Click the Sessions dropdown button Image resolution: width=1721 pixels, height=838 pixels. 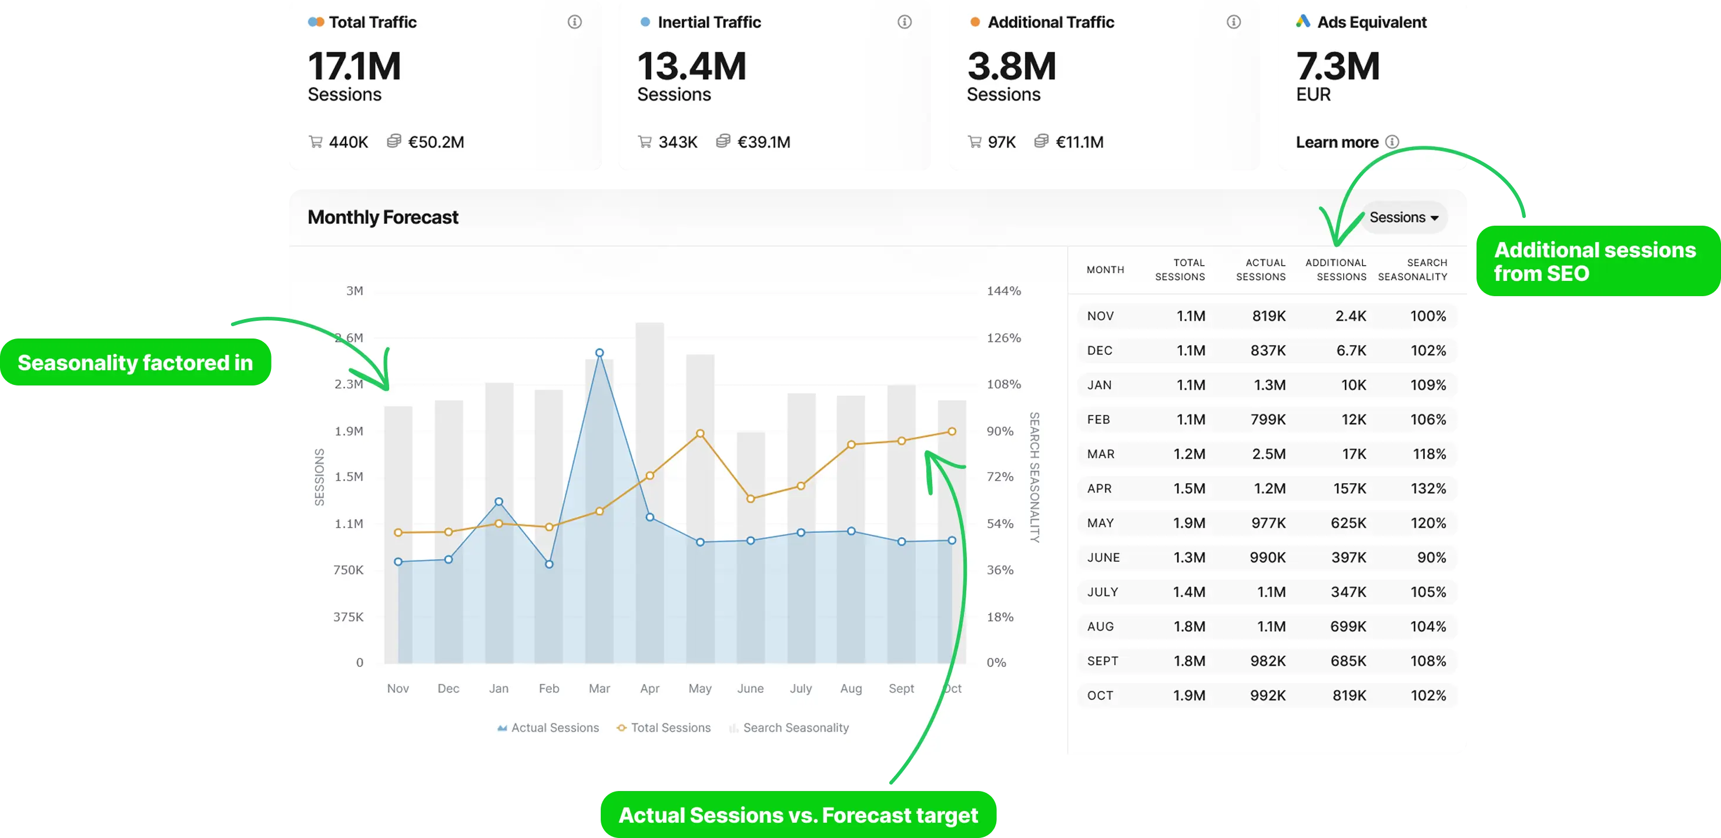tap(1403, 217)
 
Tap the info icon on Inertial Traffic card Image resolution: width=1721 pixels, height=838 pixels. tap(904, 22)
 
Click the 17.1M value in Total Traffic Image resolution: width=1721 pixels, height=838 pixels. tap(354, 67)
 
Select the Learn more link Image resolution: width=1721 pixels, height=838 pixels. tap(1337, 142)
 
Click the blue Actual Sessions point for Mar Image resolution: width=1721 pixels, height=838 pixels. tap(600, 353)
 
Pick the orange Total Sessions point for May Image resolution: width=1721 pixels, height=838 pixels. tap(699, 433)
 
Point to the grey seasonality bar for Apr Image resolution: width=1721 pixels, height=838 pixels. tap(649, 401)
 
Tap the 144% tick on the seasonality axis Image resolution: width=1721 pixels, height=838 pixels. tap(1003, 291)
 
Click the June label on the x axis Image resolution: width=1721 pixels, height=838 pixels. tap(750, 688)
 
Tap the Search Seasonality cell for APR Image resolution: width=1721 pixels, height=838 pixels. tap(1428, 489)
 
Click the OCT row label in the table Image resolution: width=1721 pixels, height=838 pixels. tap(1100, 696)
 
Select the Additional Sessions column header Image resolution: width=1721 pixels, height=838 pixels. tap(1335, 270)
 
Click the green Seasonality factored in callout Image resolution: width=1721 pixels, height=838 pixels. tap(136, 363)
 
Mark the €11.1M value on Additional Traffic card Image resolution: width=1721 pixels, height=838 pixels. tap(1079, 142)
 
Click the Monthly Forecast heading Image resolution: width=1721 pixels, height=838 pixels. tap(383, 217)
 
